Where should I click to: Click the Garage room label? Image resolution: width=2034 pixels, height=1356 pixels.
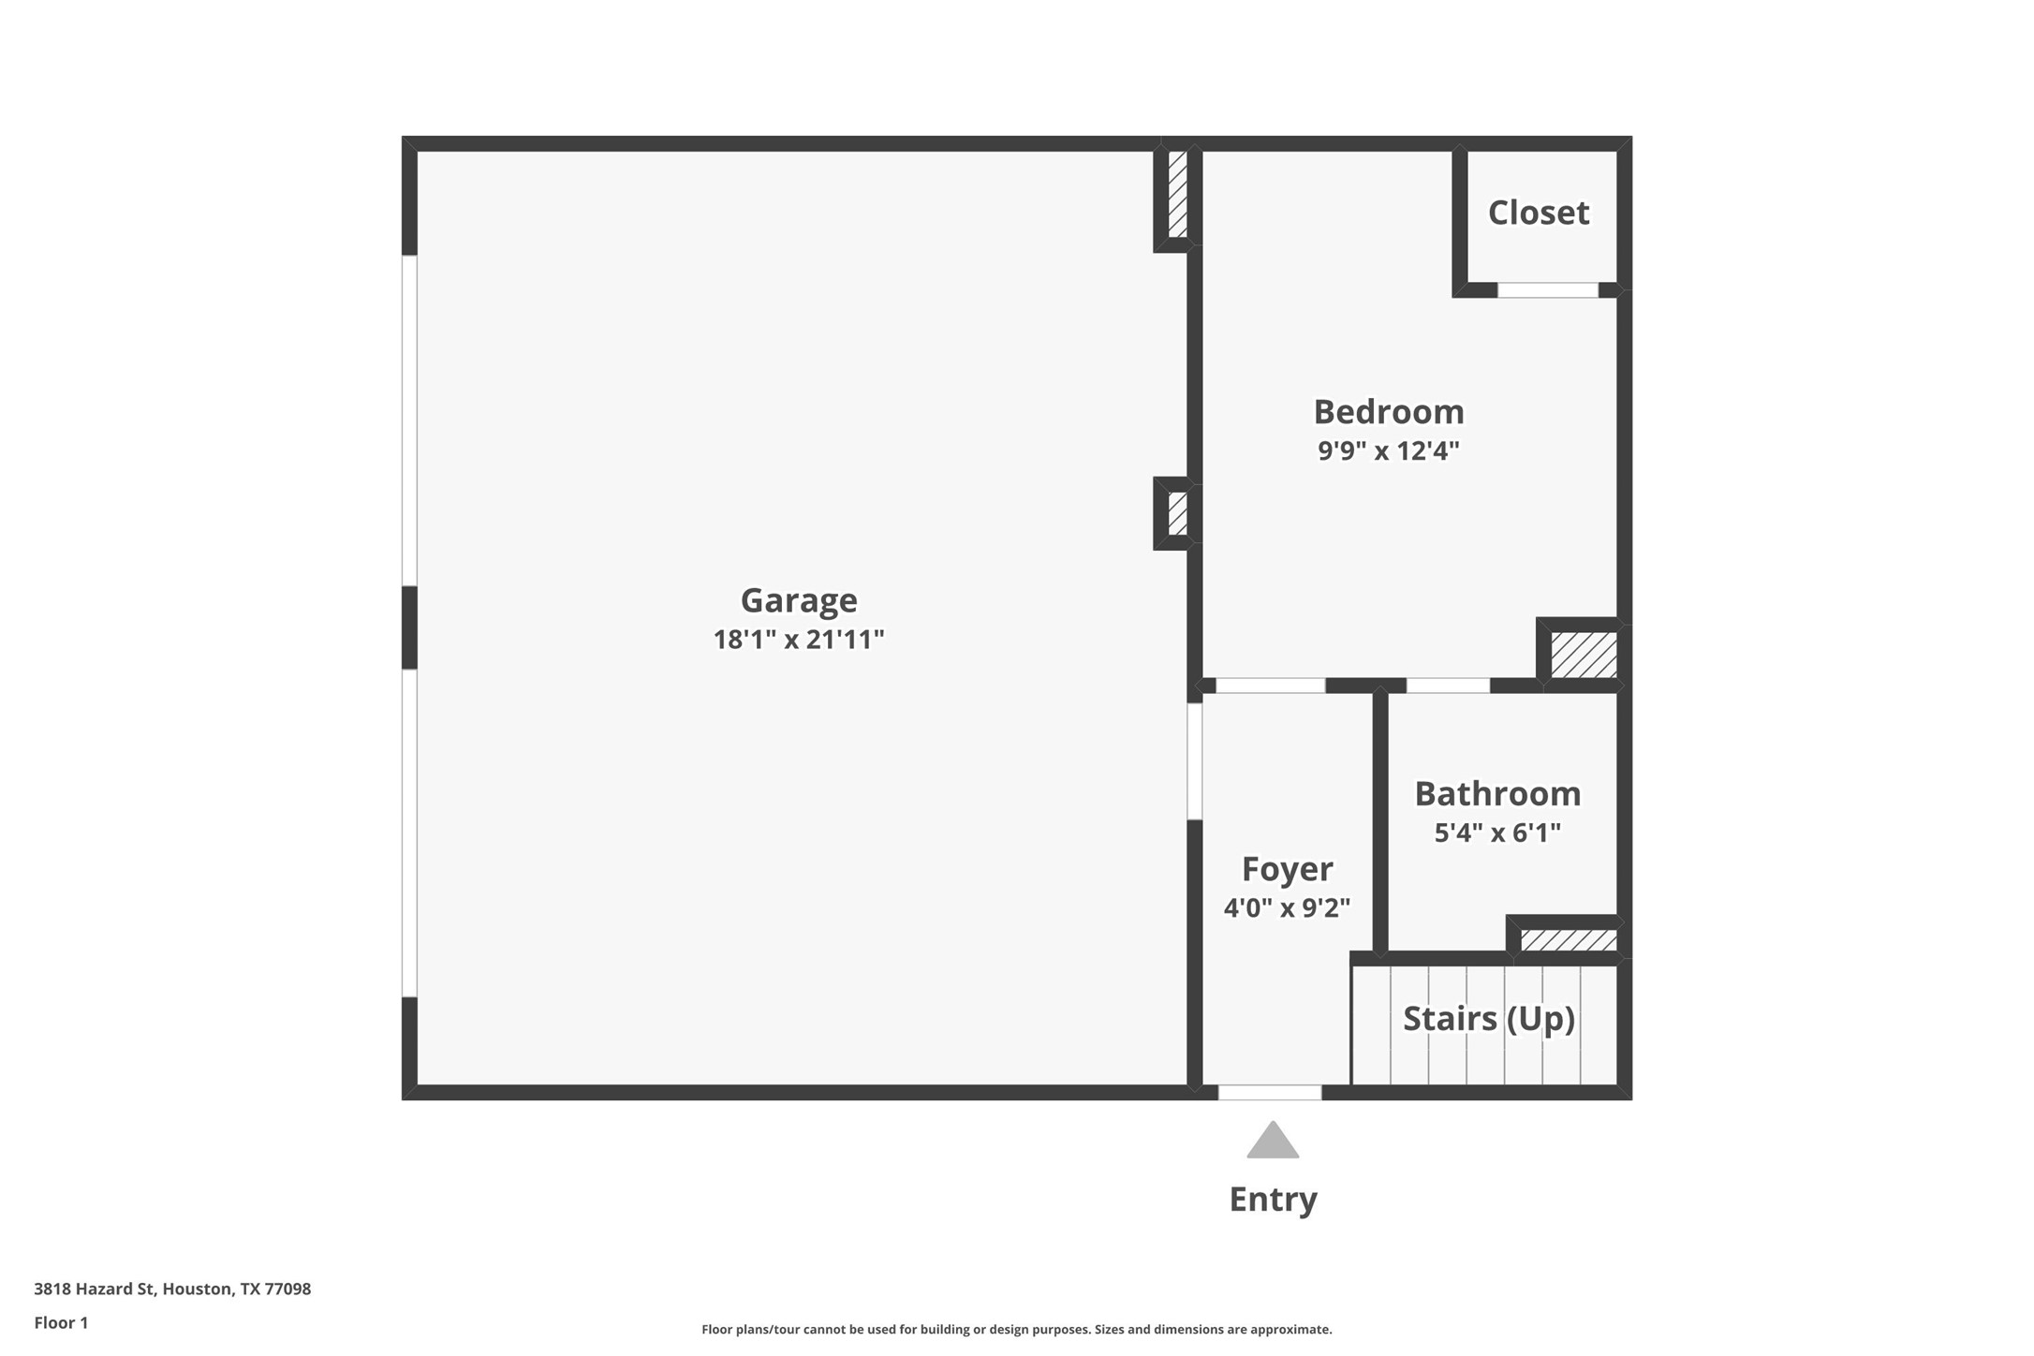click(x=798, y=599)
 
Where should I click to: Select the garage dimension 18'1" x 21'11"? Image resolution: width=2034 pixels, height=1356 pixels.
click(x=798, y=640)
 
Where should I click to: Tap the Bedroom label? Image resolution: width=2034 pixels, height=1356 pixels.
click(x=1388, y=411)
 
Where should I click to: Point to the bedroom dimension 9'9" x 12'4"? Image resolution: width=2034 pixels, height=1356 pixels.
click(x=1388, y=450)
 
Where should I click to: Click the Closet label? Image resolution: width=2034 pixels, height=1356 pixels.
click(x=1538, y=213)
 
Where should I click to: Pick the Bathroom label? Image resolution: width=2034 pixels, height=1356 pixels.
click(x=1496, y=793)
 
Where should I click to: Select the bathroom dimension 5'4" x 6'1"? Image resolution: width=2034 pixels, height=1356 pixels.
click(x=1496, y=833)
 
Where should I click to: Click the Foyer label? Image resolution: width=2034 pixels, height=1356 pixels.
click(x=1287, y=868)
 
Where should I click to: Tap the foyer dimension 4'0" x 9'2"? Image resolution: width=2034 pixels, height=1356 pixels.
click(x=1287, y=907)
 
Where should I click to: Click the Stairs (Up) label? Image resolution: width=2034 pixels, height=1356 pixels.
click(x=1488, y=1018)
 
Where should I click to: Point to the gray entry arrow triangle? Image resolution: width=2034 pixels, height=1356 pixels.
click(x=1272, y=1142)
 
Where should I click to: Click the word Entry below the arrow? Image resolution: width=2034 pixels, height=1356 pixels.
click(x=1272, y=1199)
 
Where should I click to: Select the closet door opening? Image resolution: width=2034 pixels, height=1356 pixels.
click(x=1547, y=290)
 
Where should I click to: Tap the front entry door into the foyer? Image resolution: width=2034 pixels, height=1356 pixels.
click(x=1269, y=1092)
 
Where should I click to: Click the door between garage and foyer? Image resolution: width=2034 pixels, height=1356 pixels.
click(x=1194, y=761)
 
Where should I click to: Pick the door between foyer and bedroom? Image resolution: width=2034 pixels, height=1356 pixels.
click(x=1270, y=685)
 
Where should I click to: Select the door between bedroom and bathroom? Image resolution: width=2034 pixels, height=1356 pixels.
click(x=1447, y=685)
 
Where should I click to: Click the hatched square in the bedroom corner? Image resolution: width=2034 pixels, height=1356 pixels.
click(x=1583, y=655)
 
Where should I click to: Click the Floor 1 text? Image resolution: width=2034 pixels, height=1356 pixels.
click(x=61, y=1322)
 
